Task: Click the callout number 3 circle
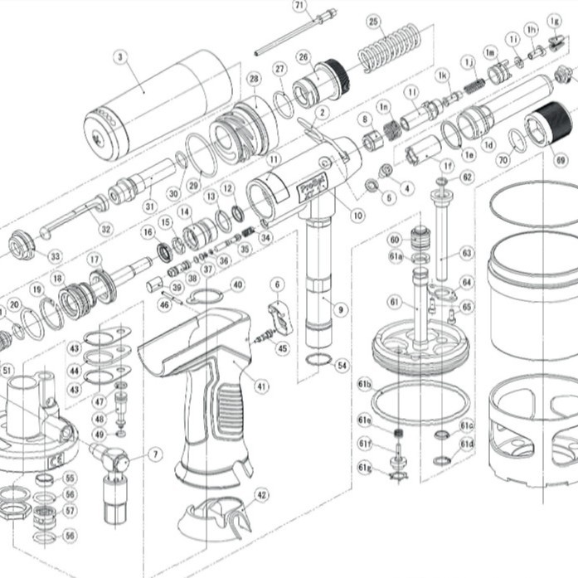click(x=120, y=57)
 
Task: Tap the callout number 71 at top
click(x=299, y=5)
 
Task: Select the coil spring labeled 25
click(x=389, y=47)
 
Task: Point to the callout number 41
click(x=262, y=386)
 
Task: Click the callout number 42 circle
click(x=262, y=495)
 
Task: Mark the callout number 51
click(x=7, y=370)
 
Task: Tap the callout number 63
click(x=467, y=251)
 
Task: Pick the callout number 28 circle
click(x=254, y=79)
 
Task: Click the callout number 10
click(x=357, y=216)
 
